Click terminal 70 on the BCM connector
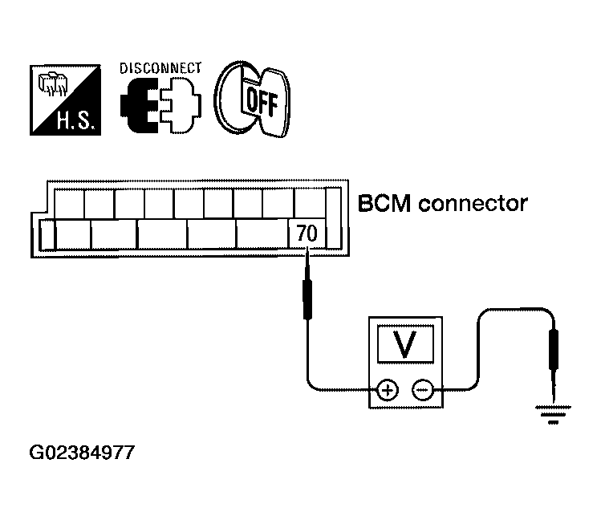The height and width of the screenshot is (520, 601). (307, 234)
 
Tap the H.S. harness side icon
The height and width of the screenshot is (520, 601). (65, 100)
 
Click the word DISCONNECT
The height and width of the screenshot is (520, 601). (160, 68)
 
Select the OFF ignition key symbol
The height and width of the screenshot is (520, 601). (252, 99)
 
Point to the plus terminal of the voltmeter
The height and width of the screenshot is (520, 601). (388, 391)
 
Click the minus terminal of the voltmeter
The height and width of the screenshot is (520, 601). (422, 391)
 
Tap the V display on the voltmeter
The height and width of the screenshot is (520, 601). (405, 344)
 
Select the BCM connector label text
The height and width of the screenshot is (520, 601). (443, 204)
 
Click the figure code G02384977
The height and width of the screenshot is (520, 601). (82, 452)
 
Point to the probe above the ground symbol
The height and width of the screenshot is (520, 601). (554, 364)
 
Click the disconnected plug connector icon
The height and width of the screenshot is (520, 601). (160, 105)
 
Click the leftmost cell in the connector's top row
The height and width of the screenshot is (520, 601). (69, 204)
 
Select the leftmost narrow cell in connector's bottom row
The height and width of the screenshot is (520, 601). (47, 235)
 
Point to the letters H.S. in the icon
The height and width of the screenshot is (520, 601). (75, 120)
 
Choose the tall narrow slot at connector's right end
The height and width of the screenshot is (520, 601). (333, 218)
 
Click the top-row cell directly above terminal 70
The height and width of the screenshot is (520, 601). (310, 204)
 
